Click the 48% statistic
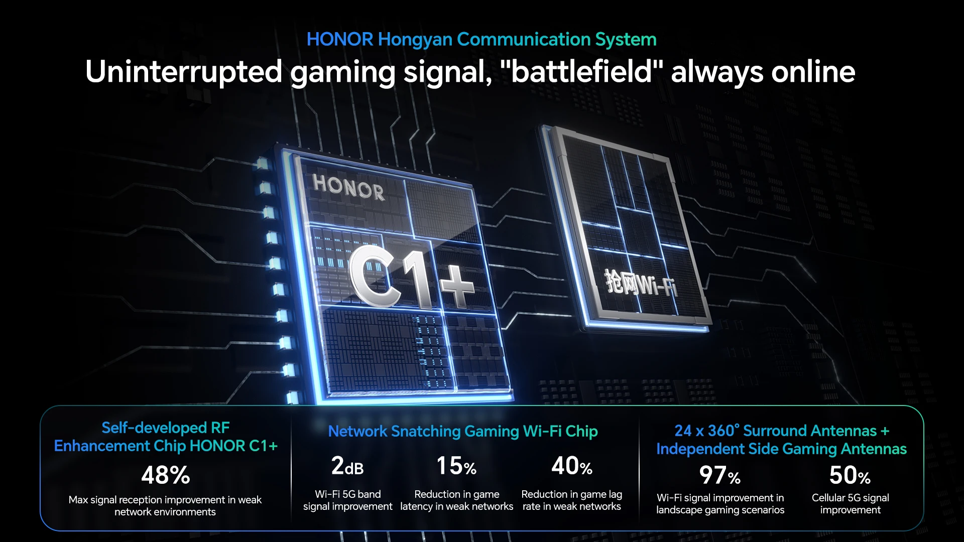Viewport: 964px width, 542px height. click(x=166, y=475)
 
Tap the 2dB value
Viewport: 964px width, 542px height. click(x=347, y=466)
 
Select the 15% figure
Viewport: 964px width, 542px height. click(x=456, y=466)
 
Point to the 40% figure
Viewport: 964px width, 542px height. click(x=572, y=466)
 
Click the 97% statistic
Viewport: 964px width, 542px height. click(x=720, y=475)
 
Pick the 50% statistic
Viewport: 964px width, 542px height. click(x=850, y=475)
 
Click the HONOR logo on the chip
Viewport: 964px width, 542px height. click(x=348, y=187)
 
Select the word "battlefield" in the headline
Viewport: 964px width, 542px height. click(x=582, y=71)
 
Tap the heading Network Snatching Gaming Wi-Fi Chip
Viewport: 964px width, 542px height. click(x=463, y=431)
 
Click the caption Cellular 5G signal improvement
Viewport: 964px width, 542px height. click(x=850, y=503)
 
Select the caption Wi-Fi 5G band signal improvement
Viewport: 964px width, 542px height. click(x=347, y=500)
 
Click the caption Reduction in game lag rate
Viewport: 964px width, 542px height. click(x=572, y=500)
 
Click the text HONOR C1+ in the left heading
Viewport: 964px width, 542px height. click(x=233, y=446)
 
